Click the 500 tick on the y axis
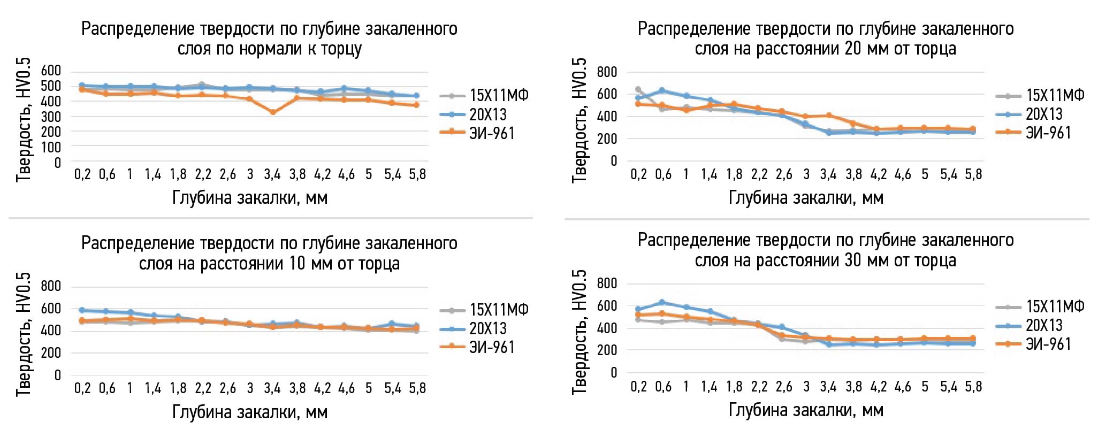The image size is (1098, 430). [x=51, y=86]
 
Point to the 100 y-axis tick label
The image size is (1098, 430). [x=51, y=147]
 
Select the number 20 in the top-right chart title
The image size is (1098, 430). [x=852, y=49]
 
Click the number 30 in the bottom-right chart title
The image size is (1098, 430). [x=852, y=261]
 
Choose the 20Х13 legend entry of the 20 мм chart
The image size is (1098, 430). [x=1043, y=114]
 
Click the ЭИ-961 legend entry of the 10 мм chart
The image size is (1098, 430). [x=492, y=348]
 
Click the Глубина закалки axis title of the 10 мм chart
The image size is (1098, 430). [x=249, y=412]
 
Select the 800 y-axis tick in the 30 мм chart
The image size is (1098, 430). [x=607, y=283]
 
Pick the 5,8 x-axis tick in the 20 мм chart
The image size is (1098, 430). [x=973, y=174]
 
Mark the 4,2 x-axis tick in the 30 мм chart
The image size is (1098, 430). [x=878, y=387]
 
